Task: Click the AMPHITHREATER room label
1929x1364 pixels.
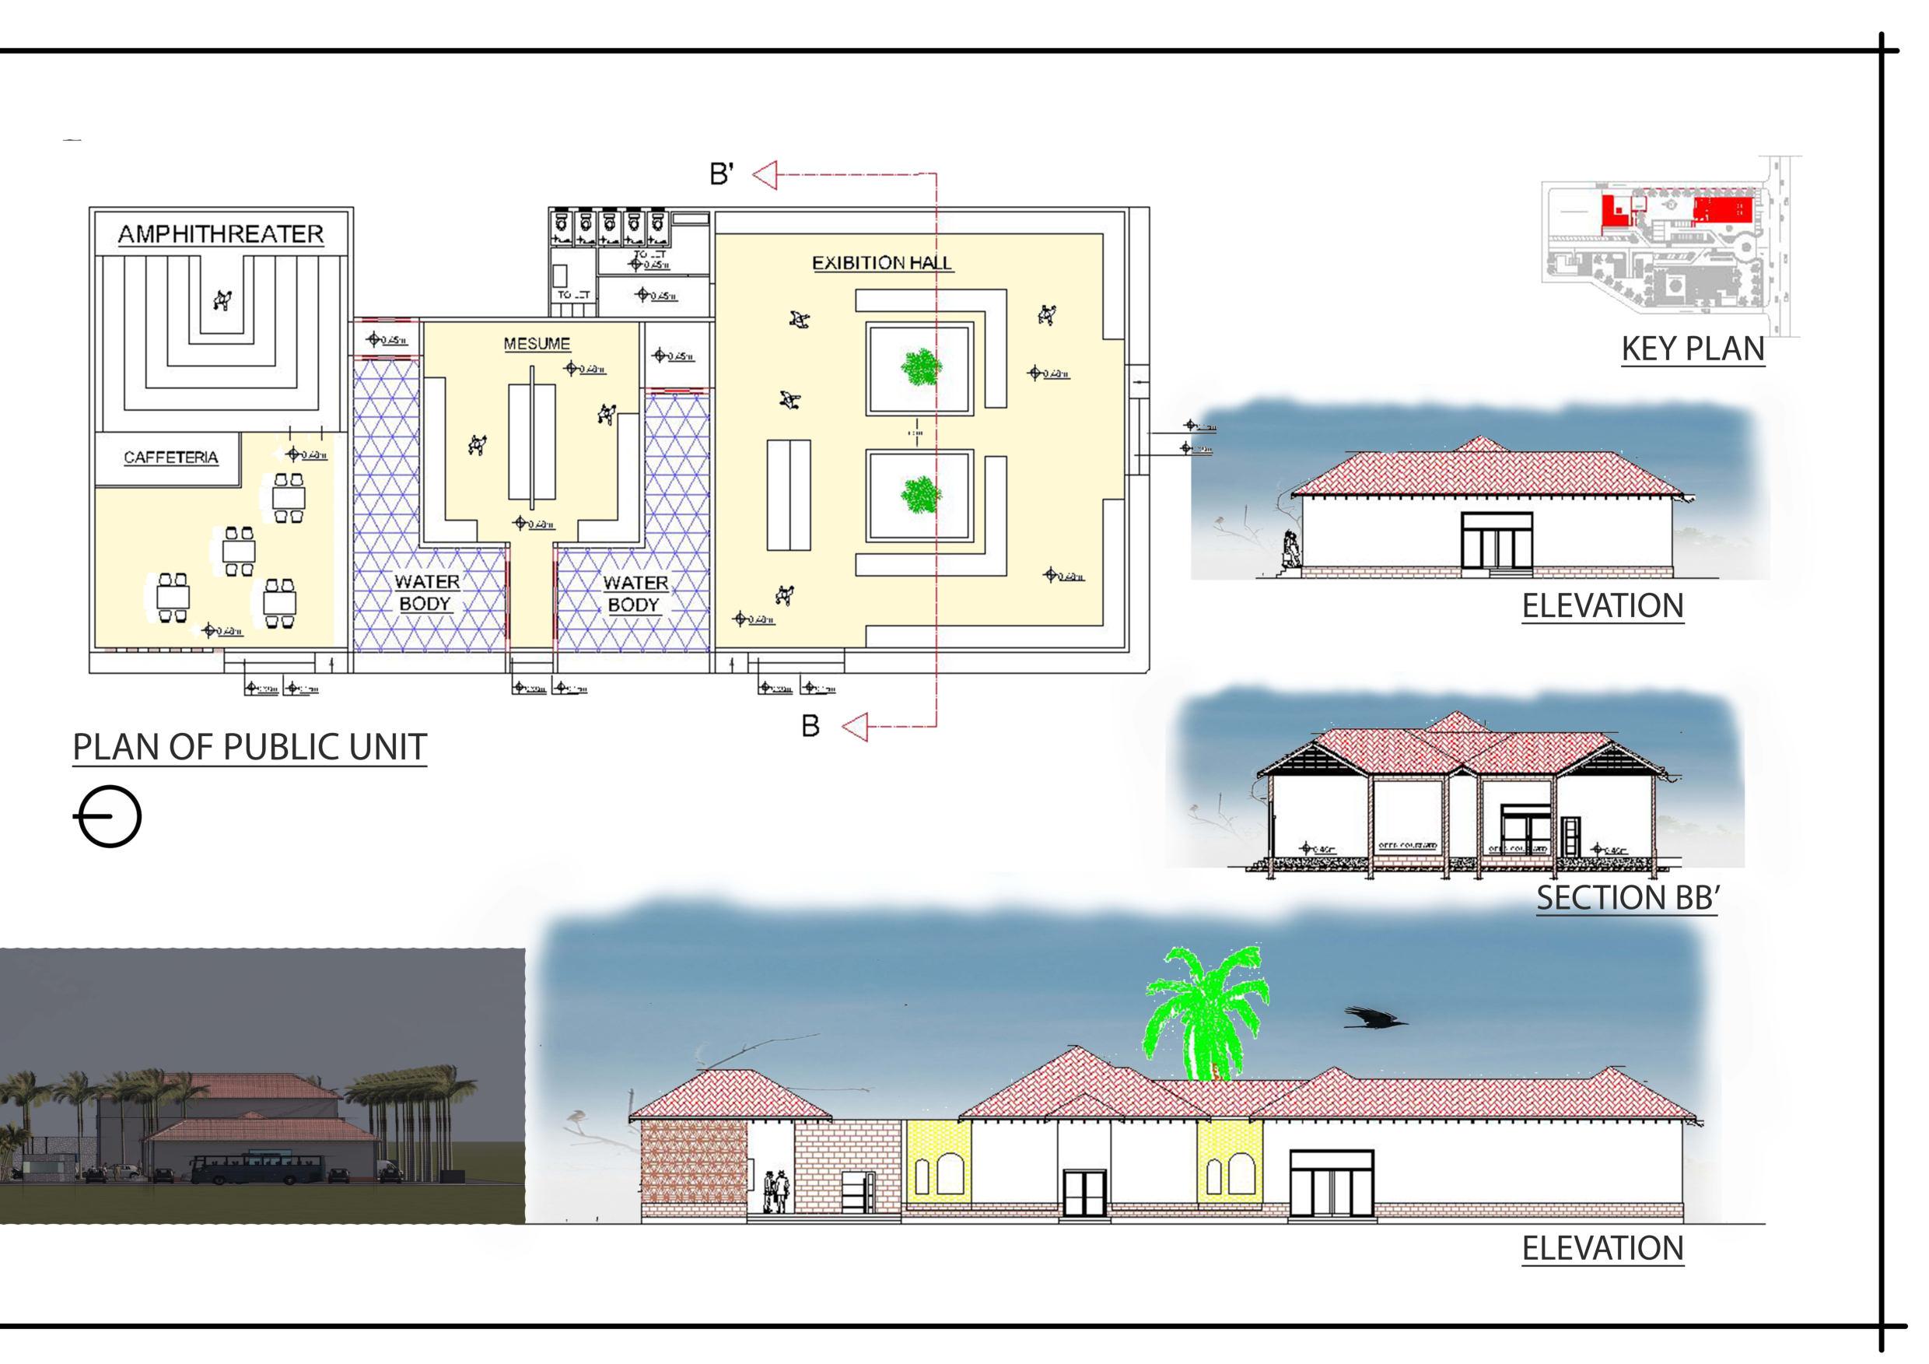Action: (220, 233)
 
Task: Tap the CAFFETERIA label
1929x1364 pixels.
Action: (170, 458)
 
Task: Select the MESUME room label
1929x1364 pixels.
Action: (537, 344)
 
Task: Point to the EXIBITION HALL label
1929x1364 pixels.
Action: (881, 263)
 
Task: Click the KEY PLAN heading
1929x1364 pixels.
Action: (1692, 349)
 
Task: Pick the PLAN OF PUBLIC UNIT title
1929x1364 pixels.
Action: (250, 747)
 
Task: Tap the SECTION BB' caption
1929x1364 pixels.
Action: (1627, 898)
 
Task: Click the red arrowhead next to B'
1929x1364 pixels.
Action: (765, 176)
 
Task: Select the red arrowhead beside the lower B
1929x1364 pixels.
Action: (856, 727)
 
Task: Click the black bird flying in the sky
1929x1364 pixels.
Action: (1374, 1019)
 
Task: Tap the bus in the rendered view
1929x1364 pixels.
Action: (257, 1167)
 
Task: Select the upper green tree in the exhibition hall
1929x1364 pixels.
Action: (921, 367)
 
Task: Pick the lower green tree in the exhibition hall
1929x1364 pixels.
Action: (921, 494)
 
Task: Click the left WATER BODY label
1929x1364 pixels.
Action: (426, 592)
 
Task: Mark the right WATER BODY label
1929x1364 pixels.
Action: (635, 594)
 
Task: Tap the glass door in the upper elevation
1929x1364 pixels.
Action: (1497, 542)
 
